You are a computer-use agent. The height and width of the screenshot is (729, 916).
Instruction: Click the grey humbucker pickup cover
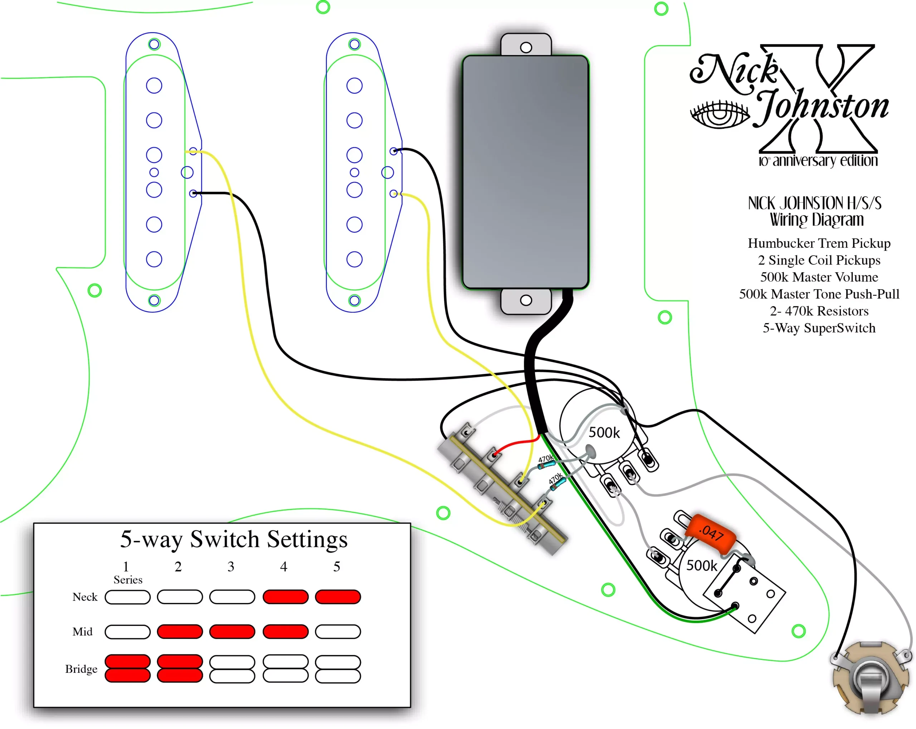pyautogui.click(x=526, y=172)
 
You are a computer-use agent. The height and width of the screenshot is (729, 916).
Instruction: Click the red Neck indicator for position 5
pyautogui.click(x=338, y=597)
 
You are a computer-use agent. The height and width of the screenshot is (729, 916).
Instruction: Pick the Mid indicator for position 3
pyautogui.click(x=232, y=631)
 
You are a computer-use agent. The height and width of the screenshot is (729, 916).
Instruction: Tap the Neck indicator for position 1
pyautogui.click(x=127, y=597)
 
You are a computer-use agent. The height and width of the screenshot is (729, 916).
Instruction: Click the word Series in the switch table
pyautogui.click(x=128, y=580)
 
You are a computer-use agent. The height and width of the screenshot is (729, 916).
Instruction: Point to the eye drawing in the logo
pyautogui.click(x=719, y=114)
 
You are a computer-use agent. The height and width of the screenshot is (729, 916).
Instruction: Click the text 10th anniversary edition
pyautogui.click(x=818, y=161)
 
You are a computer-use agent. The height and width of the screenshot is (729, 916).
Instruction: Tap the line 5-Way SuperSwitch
pyautogui.click(x=819, y=328)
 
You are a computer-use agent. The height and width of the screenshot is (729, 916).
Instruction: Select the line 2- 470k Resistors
pyautogui.click(x=819, y=311)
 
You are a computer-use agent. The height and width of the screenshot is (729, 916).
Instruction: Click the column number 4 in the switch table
pyautogui.click(x=283, y=566)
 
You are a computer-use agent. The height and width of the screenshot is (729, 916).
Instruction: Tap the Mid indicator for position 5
pyautogui.click(x=338, y=631)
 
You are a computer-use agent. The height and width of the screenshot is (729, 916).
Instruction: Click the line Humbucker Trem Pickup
pyautogui.click(x=819, y=243)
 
